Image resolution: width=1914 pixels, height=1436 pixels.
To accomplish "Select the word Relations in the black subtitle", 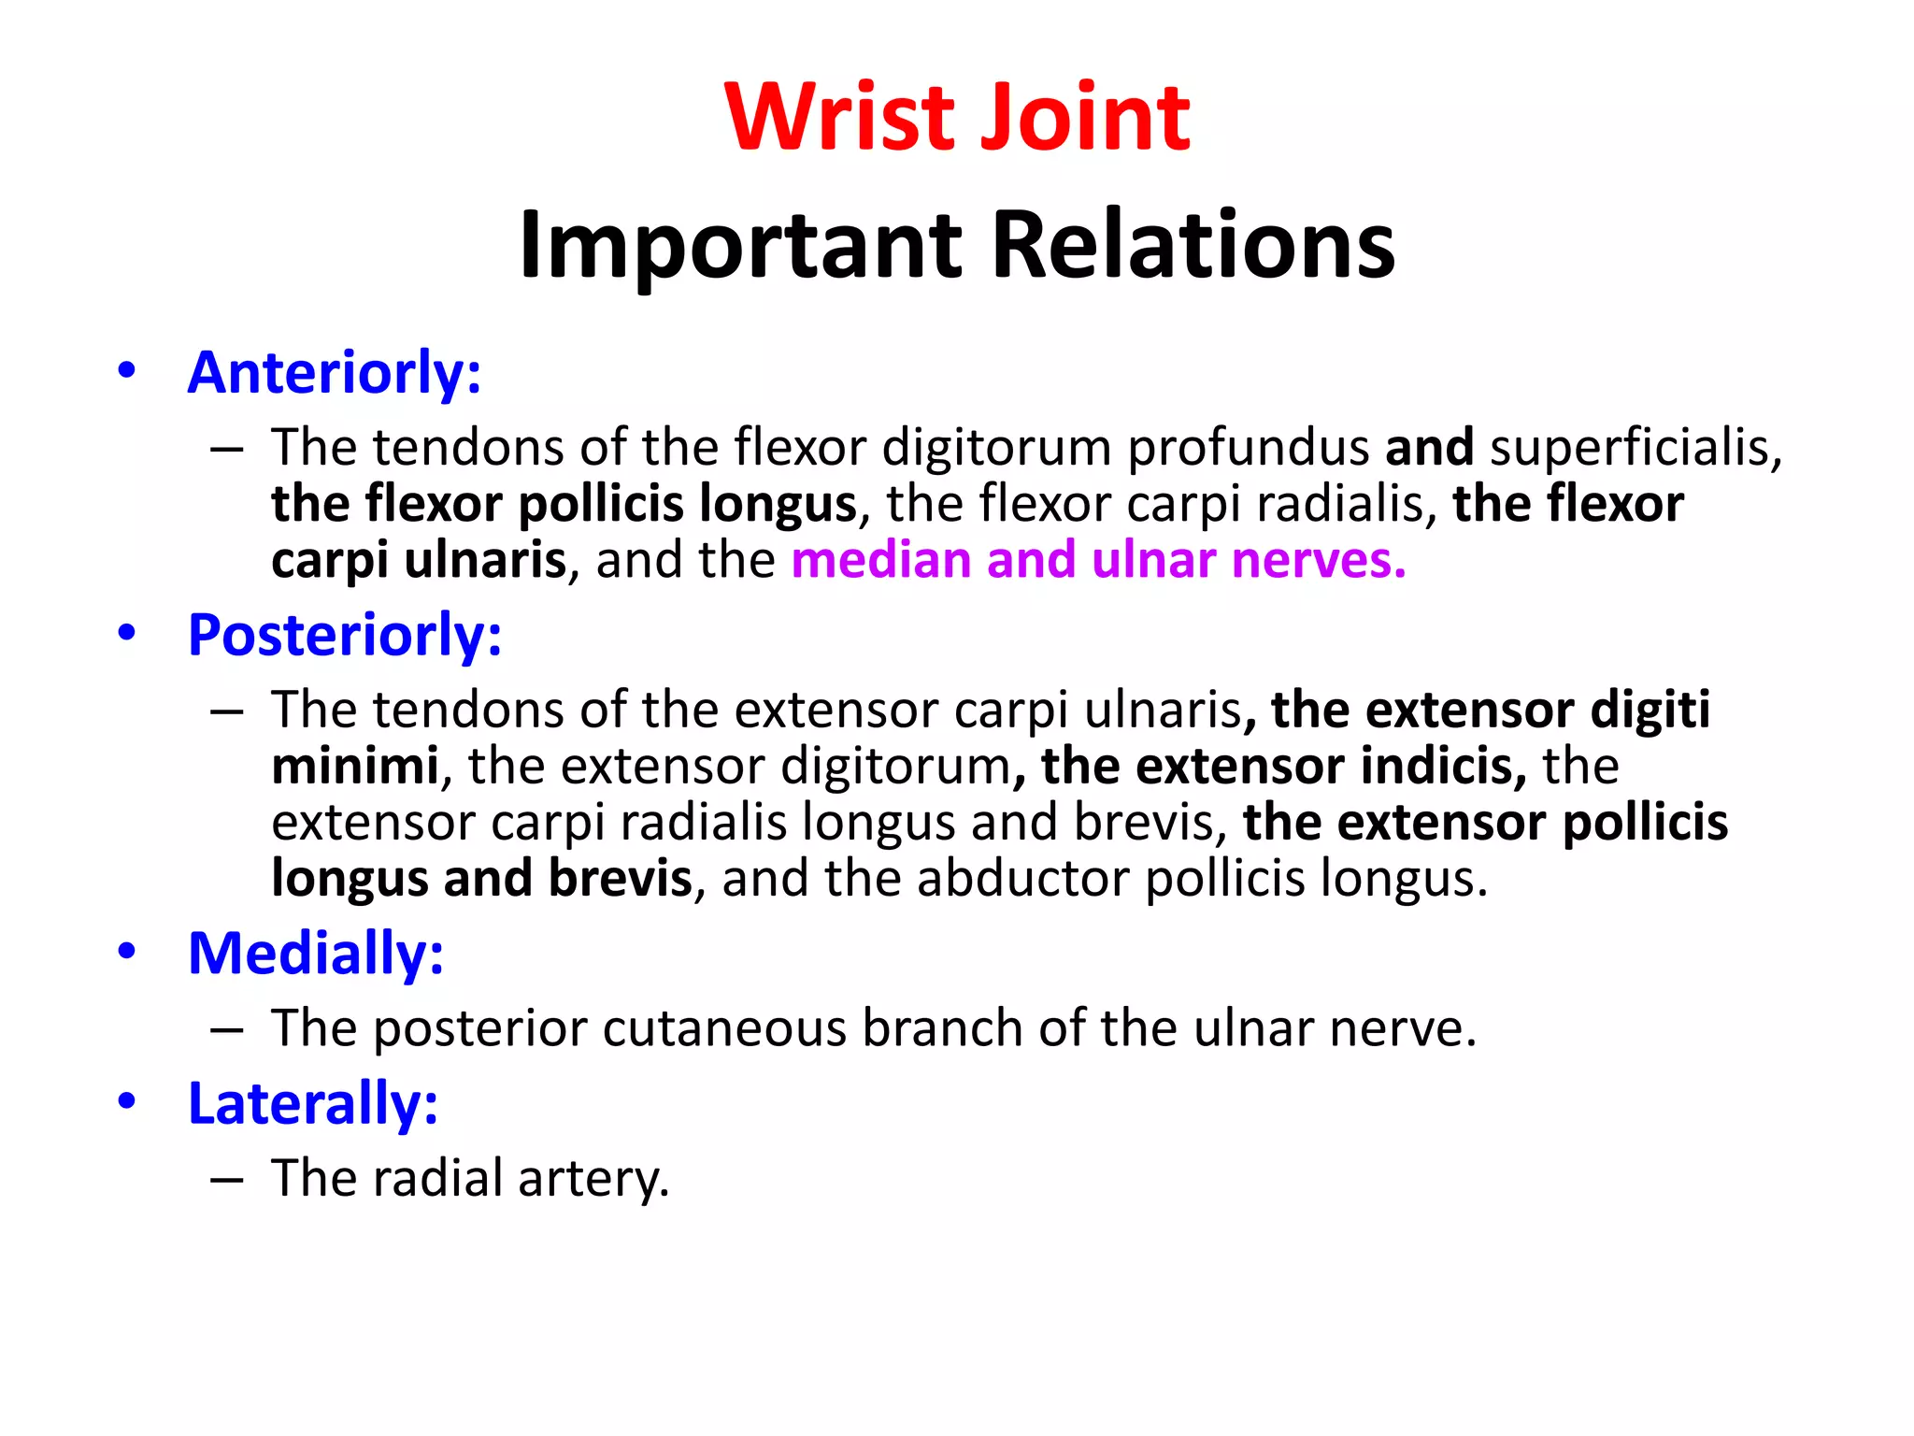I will click(x=1193, y=245).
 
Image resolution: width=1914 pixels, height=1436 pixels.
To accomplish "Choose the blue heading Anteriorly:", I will click(x=335, y=372).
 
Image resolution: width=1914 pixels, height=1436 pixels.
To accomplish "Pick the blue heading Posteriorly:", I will click(x=345, y=635).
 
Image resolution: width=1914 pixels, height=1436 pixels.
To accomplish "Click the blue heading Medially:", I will click(x=316, y=954).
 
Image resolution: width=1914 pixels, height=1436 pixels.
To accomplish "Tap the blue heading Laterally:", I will click(x=313, y=1103).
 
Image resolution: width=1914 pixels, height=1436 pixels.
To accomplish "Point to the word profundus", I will click(x=1248, y=447).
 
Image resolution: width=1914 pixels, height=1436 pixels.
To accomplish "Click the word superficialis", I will click(x=1635, y=447).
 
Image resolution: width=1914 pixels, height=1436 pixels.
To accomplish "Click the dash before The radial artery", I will click(x=227, y=1180).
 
